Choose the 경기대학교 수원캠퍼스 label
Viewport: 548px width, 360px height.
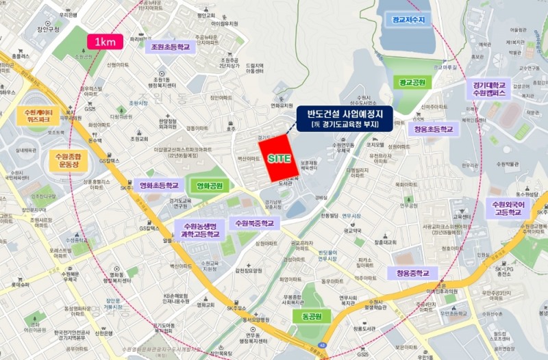point(489,89)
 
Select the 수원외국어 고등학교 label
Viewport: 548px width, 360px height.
point(512,208)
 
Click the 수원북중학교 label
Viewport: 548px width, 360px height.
point(254,223)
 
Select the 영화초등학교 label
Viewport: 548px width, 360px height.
point(159,185)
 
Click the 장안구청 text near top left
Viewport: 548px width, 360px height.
point(49,29)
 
